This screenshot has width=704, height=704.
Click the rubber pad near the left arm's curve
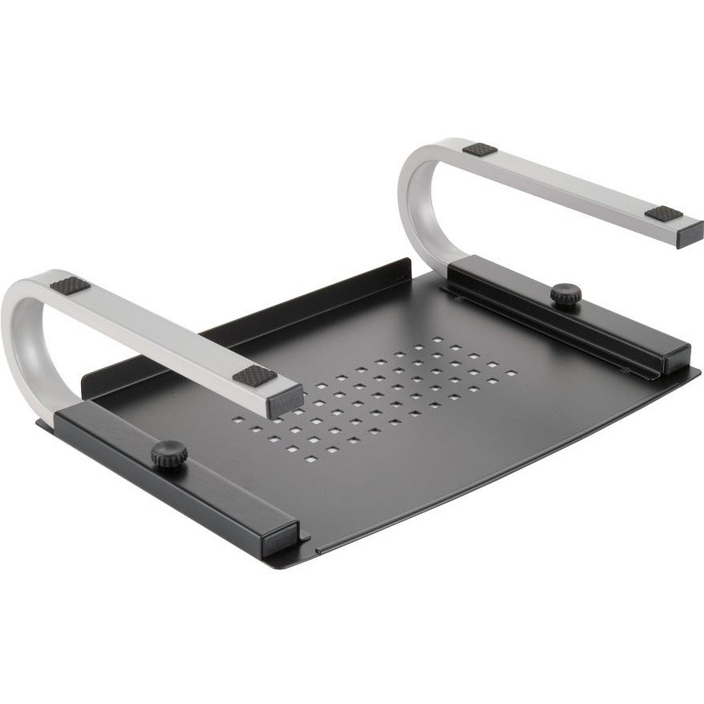[x=70, y=285]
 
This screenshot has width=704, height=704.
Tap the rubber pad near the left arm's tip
[x=255, y=376]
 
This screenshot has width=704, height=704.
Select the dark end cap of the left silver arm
[x=285, y=400]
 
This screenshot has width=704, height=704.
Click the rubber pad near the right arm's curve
[x=479, y=149]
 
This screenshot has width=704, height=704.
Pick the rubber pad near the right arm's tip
[x=664, y=214]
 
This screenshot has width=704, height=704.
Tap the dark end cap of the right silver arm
[x=690, y=234]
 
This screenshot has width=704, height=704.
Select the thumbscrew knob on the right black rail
[x=566, y=294]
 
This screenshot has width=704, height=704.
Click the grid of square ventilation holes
[x=377, y=397]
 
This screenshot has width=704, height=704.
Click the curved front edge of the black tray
[x=497, y=481]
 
